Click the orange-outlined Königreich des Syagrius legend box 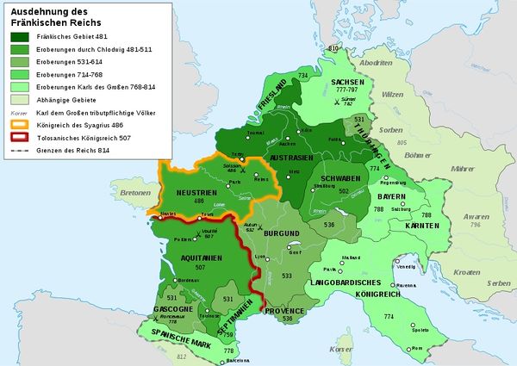(22, 123)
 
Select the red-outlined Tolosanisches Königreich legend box (22, 136)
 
